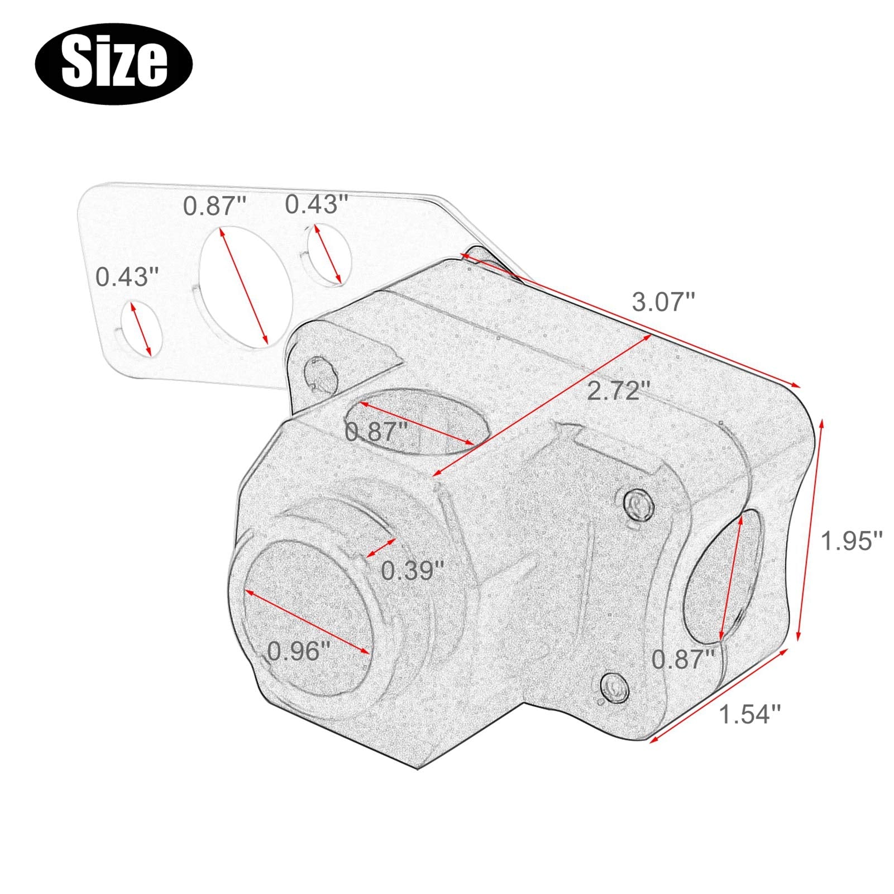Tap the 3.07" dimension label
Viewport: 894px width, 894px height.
(663, 302)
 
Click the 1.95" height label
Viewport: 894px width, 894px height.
(851, 541)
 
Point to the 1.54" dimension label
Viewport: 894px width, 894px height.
(749, 714)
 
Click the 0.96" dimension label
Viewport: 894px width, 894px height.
(299, 651)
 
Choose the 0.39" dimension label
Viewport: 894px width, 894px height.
(413, 571)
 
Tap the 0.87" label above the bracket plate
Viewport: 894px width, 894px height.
(214, 206)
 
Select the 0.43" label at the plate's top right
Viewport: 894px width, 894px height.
(317, 204)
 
